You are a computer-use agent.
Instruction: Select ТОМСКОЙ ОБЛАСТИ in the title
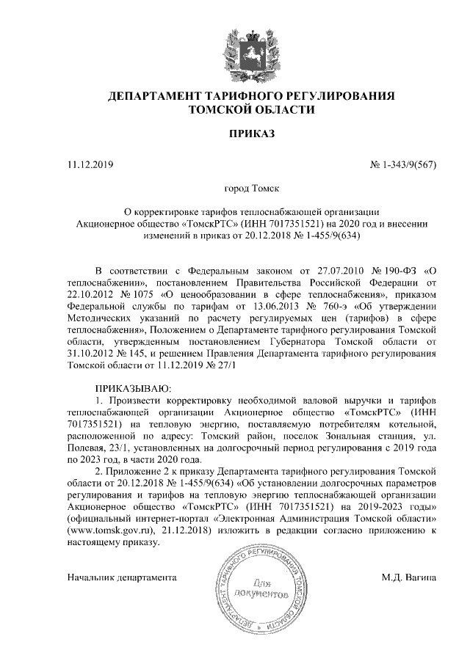point(251,110)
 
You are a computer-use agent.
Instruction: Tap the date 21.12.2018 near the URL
point(183,530)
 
